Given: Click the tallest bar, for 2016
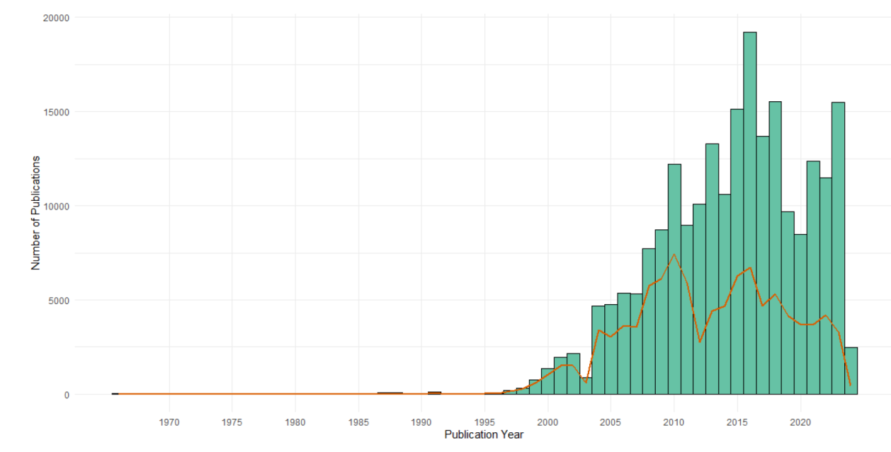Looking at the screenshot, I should point(749,212).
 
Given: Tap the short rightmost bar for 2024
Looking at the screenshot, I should point(851,371).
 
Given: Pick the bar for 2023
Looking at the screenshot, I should point(838,248).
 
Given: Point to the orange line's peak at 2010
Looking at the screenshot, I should point(674,255).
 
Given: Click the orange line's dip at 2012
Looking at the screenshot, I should point(699,342).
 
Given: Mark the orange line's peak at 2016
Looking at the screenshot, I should point(749,268).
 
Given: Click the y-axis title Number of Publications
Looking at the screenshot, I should point(35,212).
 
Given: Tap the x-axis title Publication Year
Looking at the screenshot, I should point(484,435).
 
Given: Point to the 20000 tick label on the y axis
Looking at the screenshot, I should point(57,18).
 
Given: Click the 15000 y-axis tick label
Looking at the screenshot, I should point(57,112).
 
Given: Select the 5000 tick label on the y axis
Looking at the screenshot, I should point(59,300).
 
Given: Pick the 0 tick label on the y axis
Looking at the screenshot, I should point(67,395).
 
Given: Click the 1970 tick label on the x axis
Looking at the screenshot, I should point(169,422).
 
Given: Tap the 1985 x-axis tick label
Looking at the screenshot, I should point(358,422).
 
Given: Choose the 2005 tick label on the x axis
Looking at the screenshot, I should point(611,422).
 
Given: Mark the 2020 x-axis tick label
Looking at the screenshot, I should point(800,422).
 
